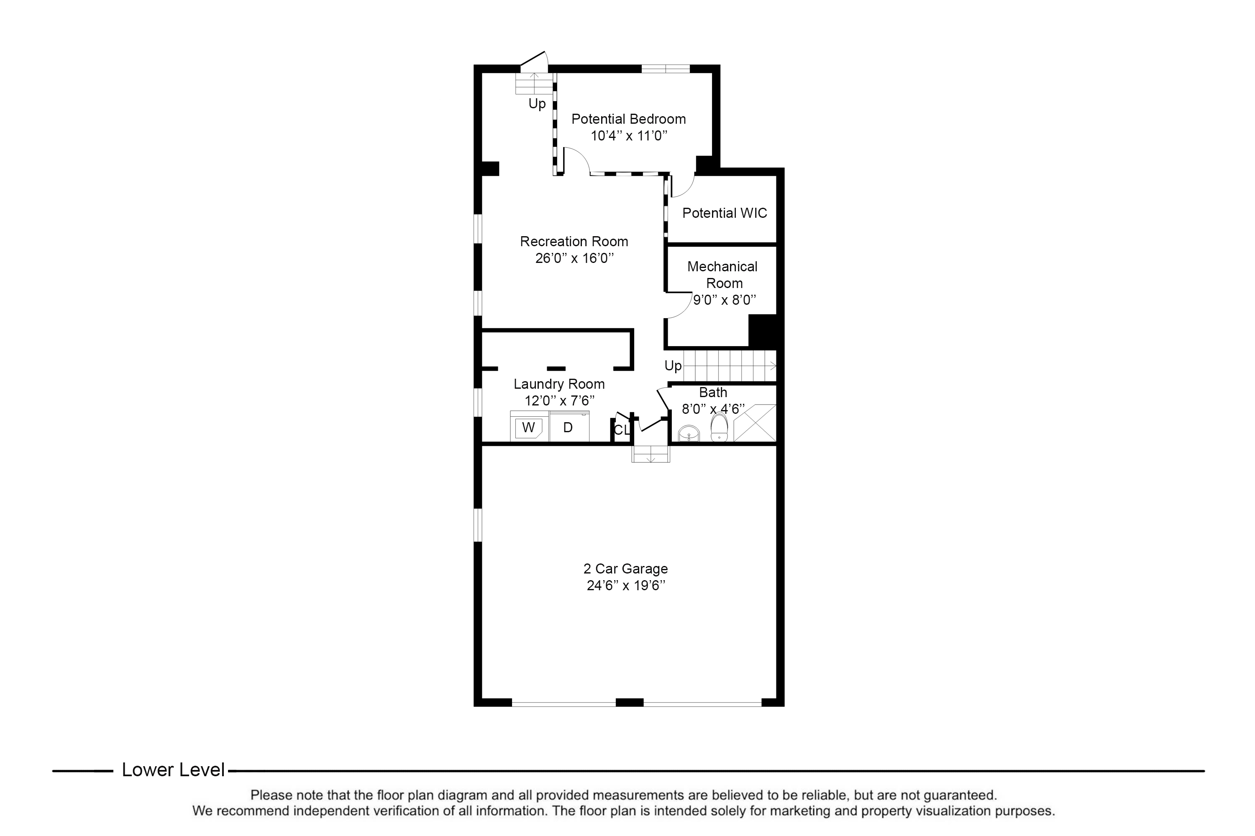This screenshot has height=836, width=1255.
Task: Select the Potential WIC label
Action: click(724, 213)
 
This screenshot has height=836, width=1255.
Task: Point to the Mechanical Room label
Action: click(722, 275)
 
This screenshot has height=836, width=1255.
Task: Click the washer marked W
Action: click(528, 428)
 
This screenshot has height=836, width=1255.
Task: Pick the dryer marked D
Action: click(568, 428)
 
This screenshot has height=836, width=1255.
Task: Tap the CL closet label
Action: click(621, 430)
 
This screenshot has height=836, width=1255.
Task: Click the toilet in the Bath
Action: click(719, 428)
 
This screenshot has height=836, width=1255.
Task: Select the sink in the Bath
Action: click(689, 433)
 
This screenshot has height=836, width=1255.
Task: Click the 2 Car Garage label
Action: click(625, 569)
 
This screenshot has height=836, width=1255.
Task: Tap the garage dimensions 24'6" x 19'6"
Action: click(625, 586)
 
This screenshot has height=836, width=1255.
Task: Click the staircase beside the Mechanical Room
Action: click(728, 366)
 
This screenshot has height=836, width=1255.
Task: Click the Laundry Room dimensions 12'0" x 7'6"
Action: click(559, 401)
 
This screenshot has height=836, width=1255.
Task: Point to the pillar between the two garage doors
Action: click(629, 702)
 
